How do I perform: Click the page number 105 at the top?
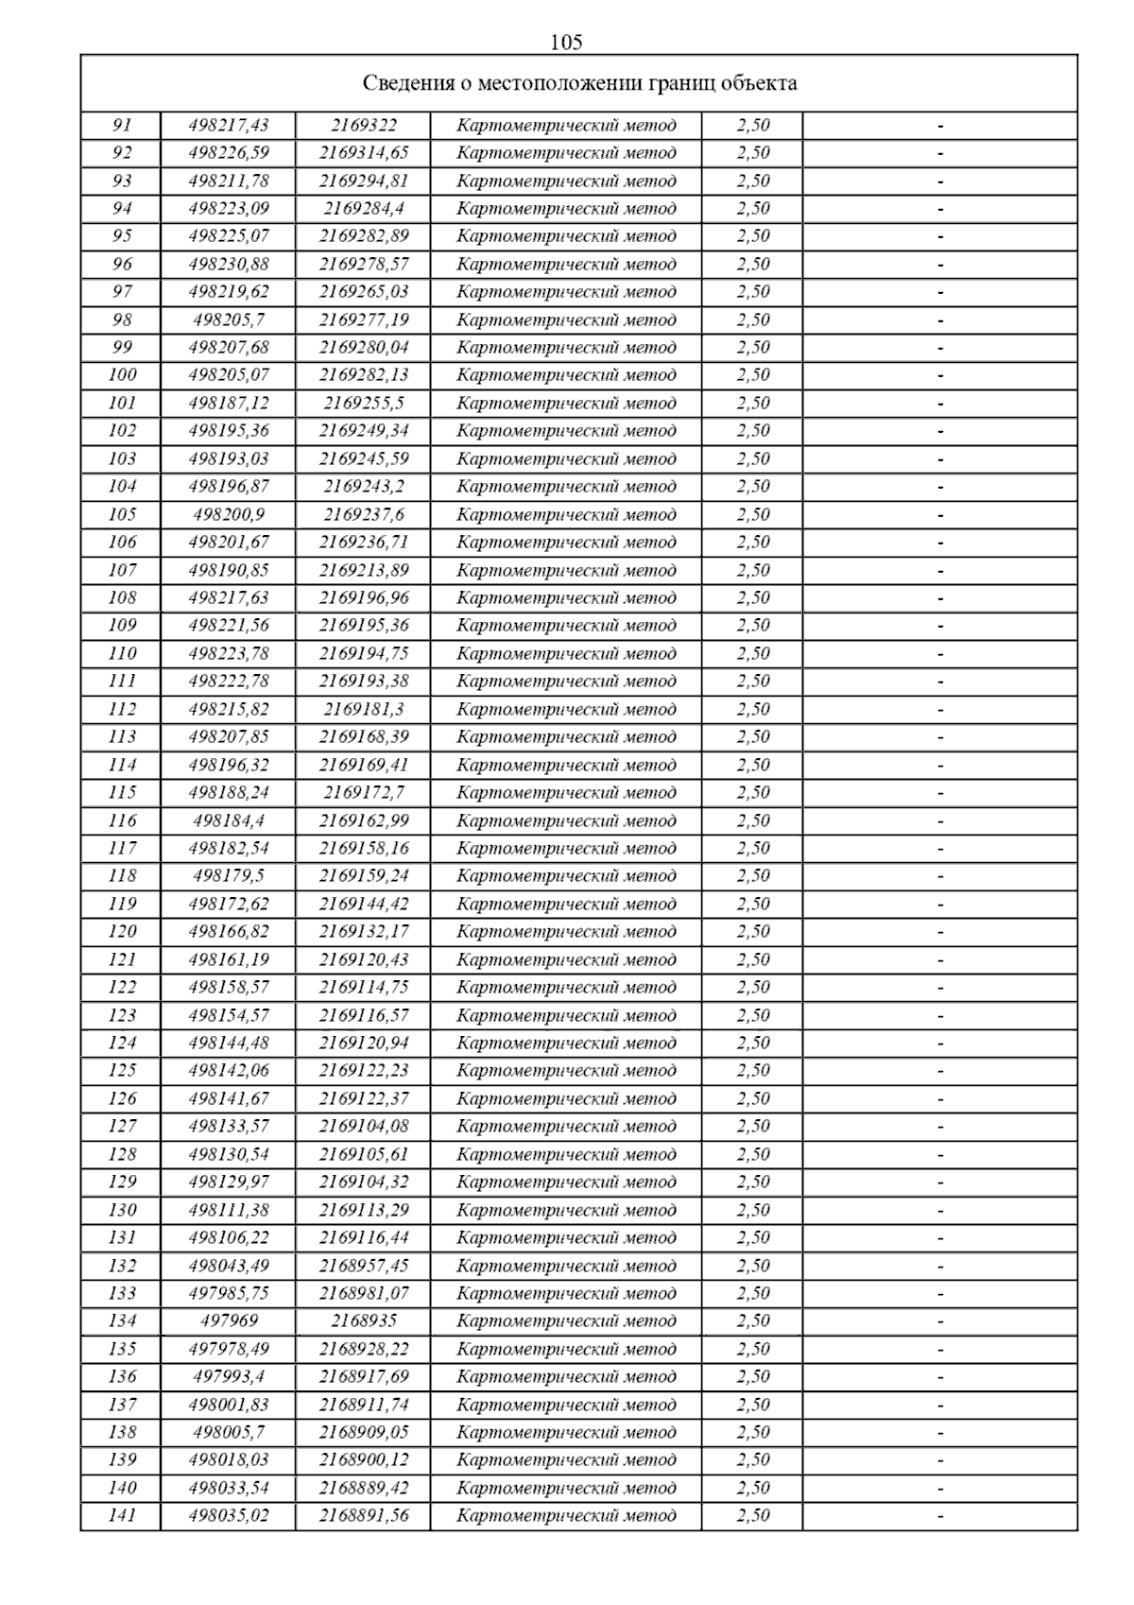566,42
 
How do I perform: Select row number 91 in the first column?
122,125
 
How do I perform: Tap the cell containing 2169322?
364,125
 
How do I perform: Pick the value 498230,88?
229,264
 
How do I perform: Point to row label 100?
122,375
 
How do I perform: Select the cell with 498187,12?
229,403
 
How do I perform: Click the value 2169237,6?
364,514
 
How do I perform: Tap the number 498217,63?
229,597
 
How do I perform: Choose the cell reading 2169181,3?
364,709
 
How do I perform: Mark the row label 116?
122,820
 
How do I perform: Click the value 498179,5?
229,875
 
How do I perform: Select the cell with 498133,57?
229,1126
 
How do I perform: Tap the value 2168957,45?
364,1266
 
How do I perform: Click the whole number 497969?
229,1320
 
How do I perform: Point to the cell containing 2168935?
364,1320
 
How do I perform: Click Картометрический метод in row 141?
566,1515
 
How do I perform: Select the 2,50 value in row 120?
753,931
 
